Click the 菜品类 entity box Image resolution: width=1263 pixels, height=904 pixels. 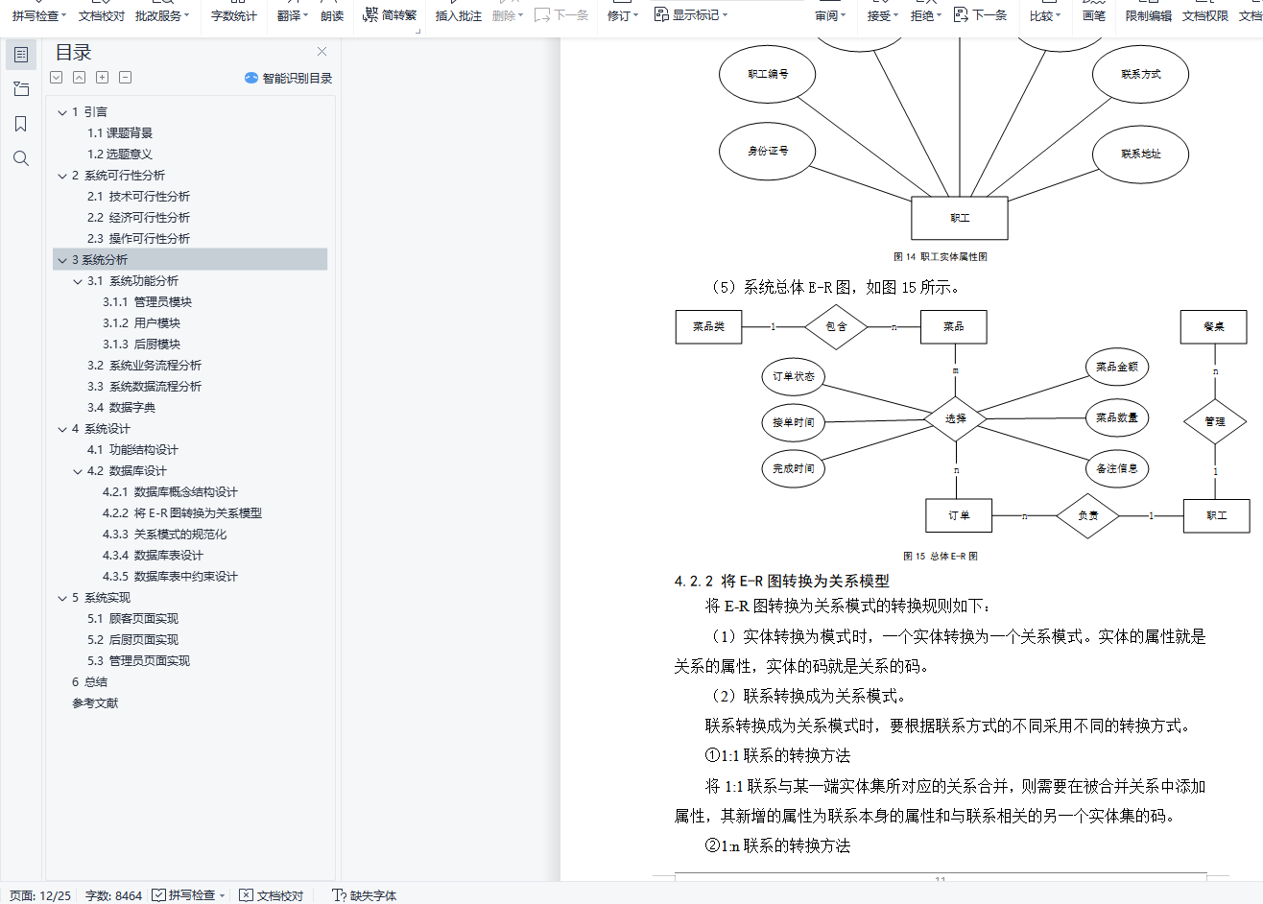708,327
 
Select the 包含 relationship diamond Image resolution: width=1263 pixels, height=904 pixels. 836,327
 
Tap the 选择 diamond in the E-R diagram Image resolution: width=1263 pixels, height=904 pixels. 955,418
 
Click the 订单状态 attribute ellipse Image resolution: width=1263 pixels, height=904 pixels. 793,376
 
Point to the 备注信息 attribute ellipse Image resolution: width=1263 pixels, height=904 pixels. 1117,468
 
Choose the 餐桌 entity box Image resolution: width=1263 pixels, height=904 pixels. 1213,327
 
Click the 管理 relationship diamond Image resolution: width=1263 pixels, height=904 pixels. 1215,421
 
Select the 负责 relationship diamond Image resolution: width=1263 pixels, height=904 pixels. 1087,515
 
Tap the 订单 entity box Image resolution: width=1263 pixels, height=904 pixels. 959,515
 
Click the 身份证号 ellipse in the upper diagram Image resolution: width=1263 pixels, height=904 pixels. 768,151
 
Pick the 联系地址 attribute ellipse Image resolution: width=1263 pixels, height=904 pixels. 1140,154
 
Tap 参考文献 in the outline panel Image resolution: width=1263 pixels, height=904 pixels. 95,703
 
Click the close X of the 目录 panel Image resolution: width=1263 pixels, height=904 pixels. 322,52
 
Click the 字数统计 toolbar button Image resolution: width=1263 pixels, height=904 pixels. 234,16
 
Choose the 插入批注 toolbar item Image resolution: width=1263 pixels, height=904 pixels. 458,16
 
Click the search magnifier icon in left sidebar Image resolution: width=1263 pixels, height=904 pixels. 21,159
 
